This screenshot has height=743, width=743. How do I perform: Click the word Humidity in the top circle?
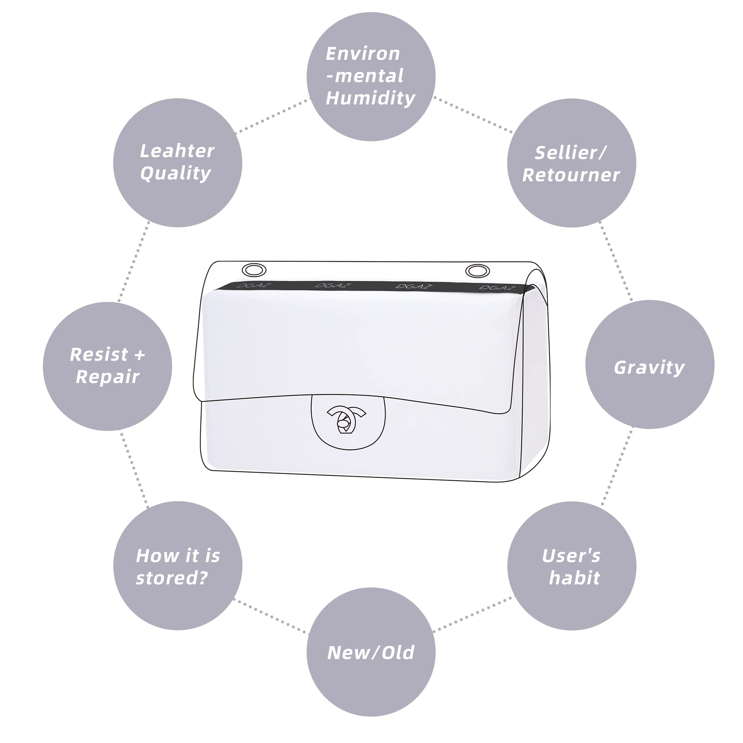tap(370, 98)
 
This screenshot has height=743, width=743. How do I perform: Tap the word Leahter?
tap(177, 151)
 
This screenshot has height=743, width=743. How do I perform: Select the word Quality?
tap(176, 173)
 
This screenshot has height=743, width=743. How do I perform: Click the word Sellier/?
tap(571, 153)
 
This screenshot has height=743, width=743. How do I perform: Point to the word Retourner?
tap(571, 175)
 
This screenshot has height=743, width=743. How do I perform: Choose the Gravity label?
tap(649, 367)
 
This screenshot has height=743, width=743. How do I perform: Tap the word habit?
tap(574, 578)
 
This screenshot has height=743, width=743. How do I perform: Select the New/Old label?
tap(371, 653)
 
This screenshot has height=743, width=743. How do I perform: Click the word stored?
tap(172, 578)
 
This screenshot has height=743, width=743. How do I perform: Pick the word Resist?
tap(98, 354)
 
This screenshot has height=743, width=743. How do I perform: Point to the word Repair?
tap(107, 376)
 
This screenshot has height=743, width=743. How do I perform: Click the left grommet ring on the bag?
tap(254, 270)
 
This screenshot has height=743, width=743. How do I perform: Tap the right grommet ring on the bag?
tap(477, 271)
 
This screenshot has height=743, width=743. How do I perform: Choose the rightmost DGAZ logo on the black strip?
tap(497, 287)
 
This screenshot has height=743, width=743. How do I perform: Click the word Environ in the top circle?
tap(363, 53)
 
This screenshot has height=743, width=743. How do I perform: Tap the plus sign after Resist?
tap(140, 355)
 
